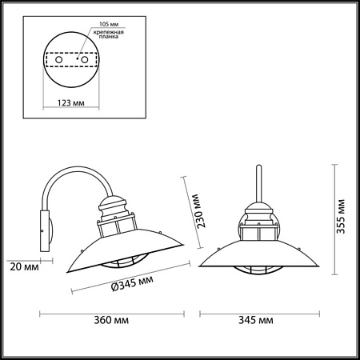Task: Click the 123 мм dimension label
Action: pyautogui.click(x=71, y=102)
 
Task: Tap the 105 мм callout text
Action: pyautogui.click(x=109, y=24)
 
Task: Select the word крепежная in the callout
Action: pyautogui.click(x=109, y=33)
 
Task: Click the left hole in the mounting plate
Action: pyautogui.click(x=59, y=59)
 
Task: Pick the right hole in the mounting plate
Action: pyautogui.click(x=85, y=59)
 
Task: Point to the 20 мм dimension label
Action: pyautogui.click(x=24, y=266)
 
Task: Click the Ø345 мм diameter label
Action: pyautogui.click(x=133, y=283)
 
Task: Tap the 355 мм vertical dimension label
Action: pyautogui.click(x=341, y=217)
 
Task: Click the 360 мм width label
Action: pyautogui.click(x=111, y=320)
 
